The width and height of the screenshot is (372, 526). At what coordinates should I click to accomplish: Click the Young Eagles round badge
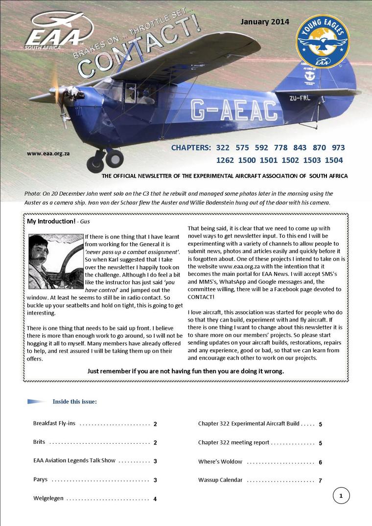[322, 42]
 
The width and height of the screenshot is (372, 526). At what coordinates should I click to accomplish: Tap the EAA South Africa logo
[58, 31]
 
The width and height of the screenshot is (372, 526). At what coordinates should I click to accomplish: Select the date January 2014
[264, 22]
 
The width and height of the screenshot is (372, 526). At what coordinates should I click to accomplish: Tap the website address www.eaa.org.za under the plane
[48, 153]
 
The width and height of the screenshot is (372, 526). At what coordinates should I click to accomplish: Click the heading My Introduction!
[51, 221]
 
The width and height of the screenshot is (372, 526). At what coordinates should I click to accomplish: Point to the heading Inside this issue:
[74, 402]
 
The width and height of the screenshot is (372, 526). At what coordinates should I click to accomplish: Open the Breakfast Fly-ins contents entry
[54, 423]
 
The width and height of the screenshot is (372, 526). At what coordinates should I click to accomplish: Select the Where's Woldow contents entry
[220, 461]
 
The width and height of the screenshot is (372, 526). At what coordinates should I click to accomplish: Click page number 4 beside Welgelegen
[155, 499]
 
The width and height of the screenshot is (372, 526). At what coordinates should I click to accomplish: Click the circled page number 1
[341, 496]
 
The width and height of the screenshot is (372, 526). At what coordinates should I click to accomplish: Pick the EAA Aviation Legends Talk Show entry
[74, 460]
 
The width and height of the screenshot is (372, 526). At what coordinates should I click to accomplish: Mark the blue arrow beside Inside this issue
[37, 402]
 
